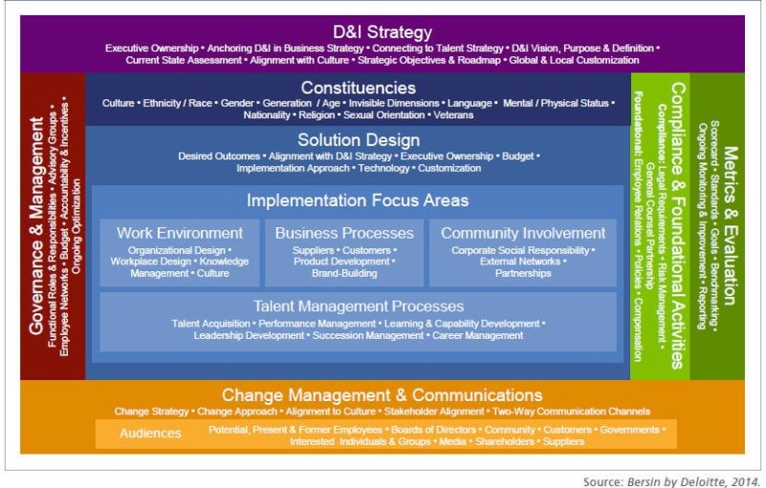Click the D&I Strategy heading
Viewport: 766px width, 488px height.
point(383,32)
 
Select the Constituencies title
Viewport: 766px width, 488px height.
point(359,88)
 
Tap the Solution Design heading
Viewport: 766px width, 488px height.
point(359,140)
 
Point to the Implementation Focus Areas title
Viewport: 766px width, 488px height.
point(358,201)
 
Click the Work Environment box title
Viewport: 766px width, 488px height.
point(180,233)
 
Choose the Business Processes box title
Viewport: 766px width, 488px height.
point(344,233)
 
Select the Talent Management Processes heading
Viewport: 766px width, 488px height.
point(359,307)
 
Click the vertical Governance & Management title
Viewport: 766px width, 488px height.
point(36,225)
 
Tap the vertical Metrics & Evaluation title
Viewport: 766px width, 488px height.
point(729,225)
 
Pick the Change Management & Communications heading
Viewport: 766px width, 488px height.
point(382,394)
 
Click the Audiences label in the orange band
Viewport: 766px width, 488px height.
point(150,434)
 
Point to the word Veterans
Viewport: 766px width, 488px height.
point(453,116)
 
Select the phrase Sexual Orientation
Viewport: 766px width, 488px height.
point(384,116)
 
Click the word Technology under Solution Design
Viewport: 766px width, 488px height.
point(383,168)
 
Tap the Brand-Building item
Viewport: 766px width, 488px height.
point(344,273)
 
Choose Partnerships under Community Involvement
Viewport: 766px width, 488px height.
point(523,273)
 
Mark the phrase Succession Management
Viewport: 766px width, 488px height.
point(368,336)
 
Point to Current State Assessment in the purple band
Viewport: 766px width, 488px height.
point(184,60)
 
